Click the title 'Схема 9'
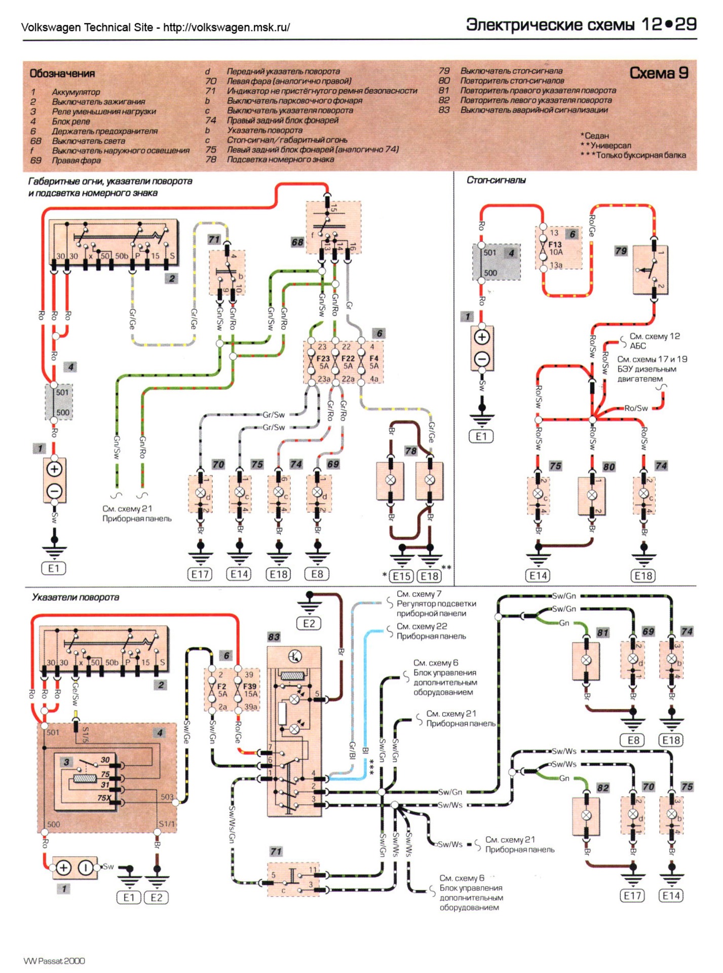tap(659, 73)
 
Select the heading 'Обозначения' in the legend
tap(62, 74)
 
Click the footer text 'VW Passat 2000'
tap(54, 961)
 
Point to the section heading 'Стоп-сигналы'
tap(496, 180)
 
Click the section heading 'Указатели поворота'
tap(75, 597)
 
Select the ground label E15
tap(402, 576)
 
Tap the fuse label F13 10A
tap(555, 248)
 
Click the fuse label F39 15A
tap(250, 690)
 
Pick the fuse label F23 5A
tap(323, 362)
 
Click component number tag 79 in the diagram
tap(621, 251)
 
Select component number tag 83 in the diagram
tap(274, 637)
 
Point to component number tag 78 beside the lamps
tap(410, 451)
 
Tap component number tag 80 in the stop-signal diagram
tap(609, 467)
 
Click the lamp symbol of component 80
tap(592, 495)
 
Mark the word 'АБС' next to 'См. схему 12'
tap(637, 346)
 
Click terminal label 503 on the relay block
tap(167, 797)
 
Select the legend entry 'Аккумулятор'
tap(76, 92)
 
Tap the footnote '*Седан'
tap(595, 136)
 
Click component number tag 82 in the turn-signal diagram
tap(602, 788)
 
